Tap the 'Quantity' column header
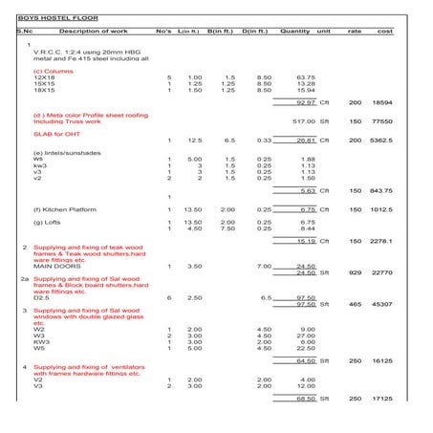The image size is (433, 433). [x=296, y=32]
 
